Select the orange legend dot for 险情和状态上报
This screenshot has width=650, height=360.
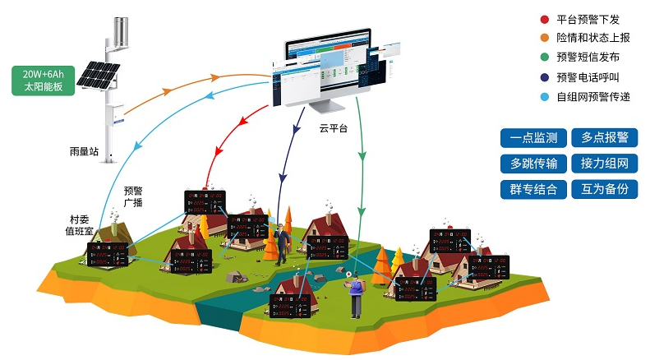(544, 39)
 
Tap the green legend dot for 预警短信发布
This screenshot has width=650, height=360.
(544, 58)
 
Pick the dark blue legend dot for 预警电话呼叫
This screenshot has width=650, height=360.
(544, 78)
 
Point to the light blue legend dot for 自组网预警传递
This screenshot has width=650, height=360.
(544, 97)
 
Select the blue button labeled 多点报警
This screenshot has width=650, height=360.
(604, 138)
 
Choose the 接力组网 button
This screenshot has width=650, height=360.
(604, 164)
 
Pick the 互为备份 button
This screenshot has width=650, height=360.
(604, 189)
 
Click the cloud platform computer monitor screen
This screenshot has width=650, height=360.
(327, 70)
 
